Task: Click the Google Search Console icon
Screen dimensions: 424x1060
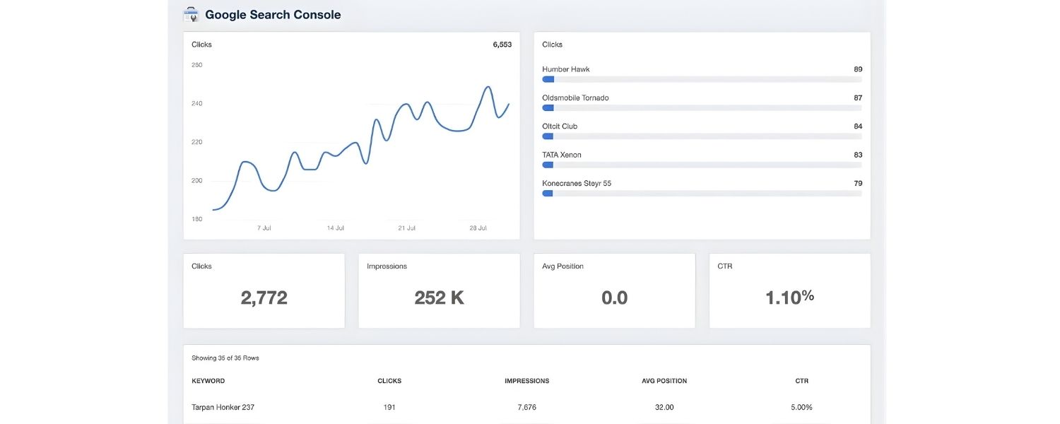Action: (x=191, y=14)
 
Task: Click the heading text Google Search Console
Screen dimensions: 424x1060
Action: (x=273, y=14)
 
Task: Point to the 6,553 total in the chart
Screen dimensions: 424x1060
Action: (x=502, y=45)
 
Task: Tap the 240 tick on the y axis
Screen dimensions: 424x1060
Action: (x=197, y=103)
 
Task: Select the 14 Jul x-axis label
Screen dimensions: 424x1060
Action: (x=336, y=228)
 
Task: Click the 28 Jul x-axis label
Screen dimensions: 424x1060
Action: (x=478, y=228)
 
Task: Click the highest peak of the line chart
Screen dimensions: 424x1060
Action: (x=488, y=87)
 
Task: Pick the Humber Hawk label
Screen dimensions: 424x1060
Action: (x=565, y=69)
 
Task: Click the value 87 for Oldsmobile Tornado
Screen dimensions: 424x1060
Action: (x=857, y=98)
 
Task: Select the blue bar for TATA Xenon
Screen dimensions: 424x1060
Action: (x=548, y=165)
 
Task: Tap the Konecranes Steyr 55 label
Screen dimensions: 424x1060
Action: (x=577, y=183)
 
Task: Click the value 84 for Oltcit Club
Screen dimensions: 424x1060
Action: (x=857, y=126)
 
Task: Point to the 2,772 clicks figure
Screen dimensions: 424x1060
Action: (x=264, y=298)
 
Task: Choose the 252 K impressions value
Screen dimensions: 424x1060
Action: (x=439, y=298)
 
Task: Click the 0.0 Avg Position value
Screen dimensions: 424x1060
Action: (x=614, y=298)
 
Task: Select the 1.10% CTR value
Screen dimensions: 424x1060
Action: (x=789, y=298)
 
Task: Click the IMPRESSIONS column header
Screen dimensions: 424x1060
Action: (x=526, y=381)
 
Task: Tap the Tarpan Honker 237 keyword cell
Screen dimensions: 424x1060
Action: (x=223, y=407)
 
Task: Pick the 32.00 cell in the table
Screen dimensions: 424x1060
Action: (x=664, y=407)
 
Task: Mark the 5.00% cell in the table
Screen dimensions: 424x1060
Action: (x=801, y=407)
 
